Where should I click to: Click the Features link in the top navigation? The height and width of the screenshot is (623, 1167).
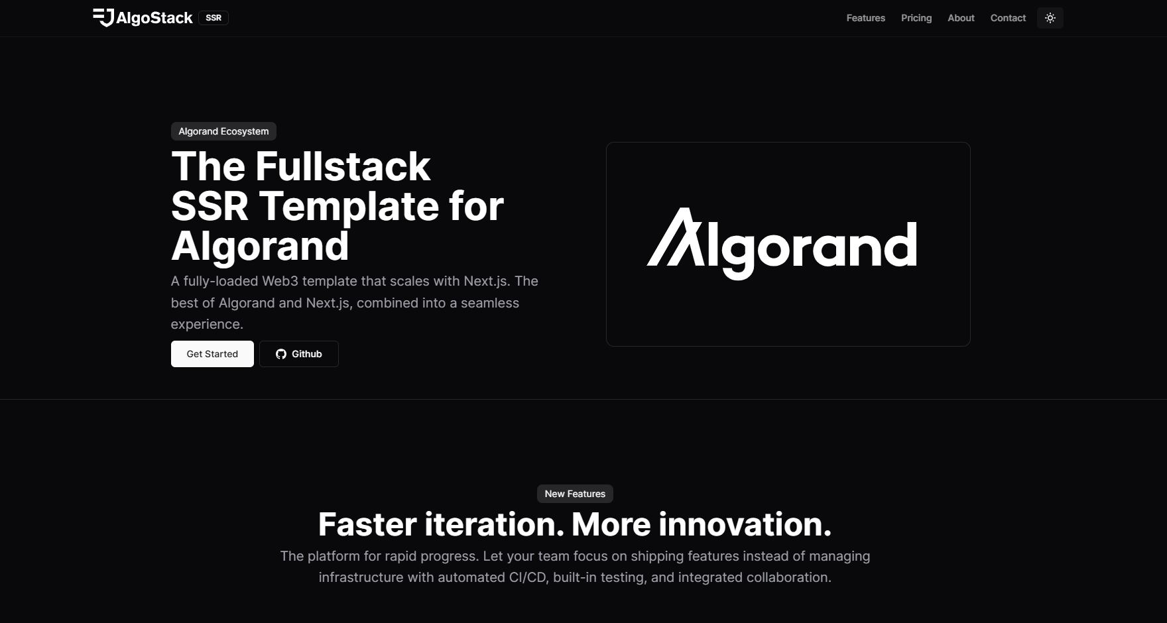point(865,18)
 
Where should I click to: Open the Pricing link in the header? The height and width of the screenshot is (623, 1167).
point(916,18)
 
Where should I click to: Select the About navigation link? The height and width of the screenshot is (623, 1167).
point(961,18)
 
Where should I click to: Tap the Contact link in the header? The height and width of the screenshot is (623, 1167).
point(1008,18)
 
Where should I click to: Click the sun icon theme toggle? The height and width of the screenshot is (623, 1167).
point(1050,18)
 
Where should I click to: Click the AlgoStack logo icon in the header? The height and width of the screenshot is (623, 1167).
point(103,18)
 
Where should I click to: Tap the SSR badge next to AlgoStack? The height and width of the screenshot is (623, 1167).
point(214,18)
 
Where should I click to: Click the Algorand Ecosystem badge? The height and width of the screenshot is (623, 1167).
point(223,131)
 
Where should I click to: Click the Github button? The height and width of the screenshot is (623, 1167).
point(299,354)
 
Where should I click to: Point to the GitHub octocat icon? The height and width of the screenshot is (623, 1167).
point(281,354)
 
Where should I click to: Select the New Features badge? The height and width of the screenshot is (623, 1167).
point(575,494)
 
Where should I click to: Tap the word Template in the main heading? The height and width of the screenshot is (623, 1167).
point(349,207)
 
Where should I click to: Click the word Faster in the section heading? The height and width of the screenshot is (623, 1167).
point(367,524)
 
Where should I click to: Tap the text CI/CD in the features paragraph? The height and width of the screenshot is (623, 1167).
point(528,577)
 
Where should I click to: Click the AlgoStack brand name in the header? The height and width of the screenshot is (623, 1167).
point(154,18)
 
